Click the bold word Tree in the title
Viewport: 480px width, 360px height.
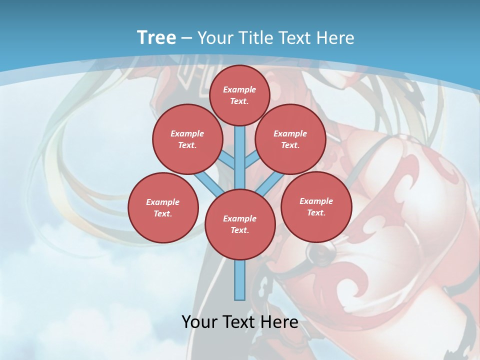tap(156, 38)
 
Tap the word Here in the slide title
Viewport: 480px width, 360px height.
tap(335, 38)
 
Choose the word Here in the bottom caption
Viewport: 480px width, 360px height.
tap(280, 321)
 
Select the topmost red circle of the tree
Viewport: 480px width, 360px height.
tap(239, 95)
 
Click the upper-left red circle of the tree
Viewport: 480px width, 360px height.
tap(187, 139)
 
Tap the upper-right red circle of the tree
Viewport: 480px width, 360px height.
tap(290, 139)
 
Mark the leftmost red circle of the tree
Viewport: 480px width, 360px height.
tap(163, 207)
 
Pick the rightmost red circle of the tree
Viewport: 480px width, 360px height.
tap(316, 206)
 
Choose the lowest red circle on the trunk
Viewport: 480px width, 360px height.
tap(240, 224)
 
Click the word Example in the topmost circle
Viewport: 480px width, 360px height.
tap(239, 89)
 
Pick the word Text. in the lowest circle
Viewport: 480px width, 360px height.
tap(239, 230)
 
